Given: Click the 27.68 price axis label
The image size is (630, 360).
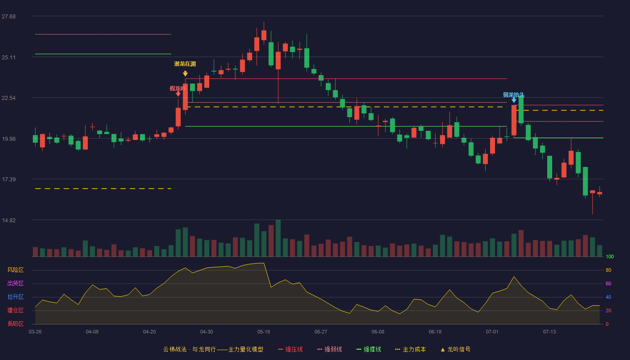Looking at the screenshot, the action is click(9, 17).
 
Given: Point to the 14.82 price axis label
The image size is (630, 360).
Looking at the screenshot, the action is click(9, 220).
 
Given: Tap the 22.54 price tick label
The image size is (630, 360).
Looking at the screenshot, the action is click(9, 98).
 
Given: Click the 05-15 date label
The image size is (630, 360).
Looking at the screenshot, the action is click(264, 332).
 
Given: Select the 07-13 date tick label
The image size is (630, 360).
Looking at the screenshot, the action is click(549, 332).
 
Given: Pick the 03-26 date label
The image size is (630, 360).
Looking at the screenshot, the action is click(35, 332).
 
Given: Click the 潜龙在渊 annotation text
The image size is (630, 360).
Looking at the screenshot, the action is click(185, 64).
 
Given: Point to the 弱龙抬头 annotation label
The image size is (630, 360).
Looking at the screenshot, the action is click(513, 95).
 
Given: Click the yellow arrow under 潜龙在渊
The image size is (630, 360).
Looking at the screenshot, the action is click(185, 74).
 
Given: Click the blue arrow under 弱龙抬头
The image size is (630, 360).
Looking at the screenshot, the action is click(514, 100).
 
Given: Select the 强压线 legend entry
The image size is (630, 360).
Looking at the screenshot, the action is click(290, 349).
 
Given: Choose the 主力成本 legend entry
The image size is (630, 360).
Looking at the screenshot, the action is click(410, 349).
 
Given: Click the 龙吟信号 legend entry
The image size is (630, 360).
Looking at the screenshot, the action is click(455, 349).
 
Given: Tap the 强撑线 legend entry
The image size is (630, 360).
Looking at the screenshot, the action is click(369, 349).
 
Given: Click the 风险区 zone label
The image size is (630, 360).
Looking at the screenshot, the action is click(15, 270).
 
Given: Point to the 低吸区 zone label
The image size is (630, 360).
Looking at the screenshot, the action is click(15, 324).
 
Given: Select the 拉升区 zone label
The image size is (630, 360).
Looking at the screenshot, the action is click(15, 297).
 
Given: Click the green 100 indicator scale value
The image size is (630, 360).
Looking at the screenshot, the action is click(610, 256).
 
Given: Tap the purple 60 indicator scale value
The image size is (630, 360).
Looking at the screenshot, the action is click(608, 283).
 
